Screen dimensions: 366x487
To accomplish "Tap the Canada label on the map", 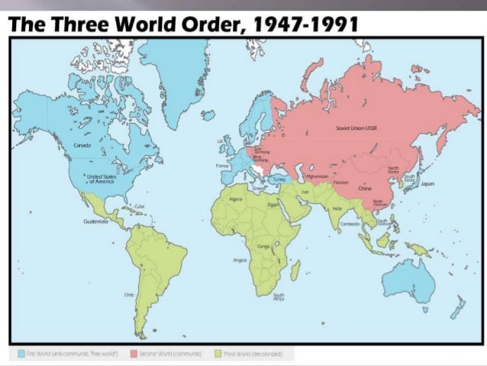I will coord(82,144).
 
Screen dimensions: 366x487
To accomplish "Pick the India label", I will coord(337,208).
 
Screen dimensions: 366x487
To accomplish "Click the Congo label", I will coord(263,247).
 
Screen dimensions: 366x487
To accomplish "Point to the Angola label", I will coord(239,261).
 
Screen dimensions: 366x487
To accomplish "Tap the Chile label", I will coord(129,294).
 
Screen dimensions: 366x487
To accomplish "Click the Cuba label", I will coord(140,206).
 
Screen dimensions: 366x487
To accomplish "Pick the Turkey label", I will coord(278,179).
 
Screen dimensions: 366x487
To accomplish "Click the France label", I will coord(223,165).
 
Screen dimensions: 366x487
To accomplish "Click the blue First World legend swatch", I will coord(20,354).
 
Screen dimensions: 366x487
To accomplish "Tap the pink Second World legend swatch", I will coord(133,354).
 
